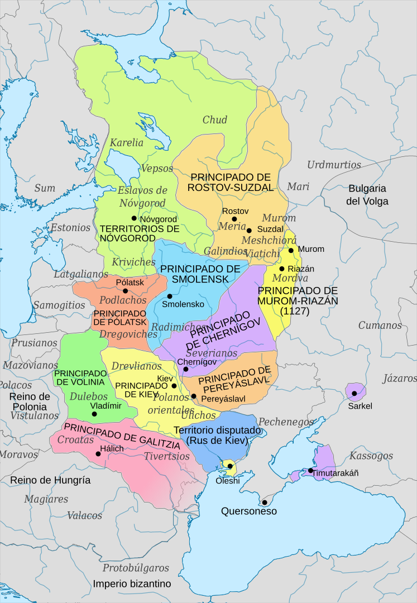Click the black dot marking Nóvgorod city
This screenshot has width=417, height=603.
click(134, 218)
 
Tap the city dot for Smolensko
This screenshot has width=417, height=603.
click(169, 296)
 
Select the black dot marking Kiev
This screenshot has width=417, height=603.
click(174, 386)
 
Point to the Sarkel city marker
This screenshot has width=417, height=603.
click(354, 394)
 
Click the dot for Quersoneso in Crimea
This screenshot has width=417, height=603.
click(265, 502)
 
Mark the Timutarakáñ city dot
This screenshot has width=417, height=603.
click(310, 471)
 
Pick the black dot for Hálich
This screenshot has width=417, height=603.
click(98, 454)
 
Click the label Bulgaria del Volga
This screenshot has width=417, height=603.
click(367, 194)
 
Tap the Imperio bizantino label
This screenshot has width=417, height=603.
click(132, 583)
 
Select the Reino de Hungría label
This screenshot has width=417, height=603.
click(50, 480)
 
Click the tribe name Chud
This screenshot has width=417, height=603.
click(215, 119)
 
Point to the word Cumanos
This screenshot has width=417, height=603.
click(380, 325)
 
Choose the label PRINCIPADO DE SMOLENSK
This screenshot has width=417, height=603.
click(200, 274)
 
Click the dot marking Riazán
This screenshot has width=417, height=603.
click(282, 269)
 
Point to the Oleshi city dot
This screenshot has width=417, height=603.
click(229, 466)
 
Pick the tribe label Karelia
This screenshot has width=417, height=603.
click(126, 142)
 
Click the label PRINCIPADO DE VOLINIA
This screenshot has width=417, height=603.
click(80, 377)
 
